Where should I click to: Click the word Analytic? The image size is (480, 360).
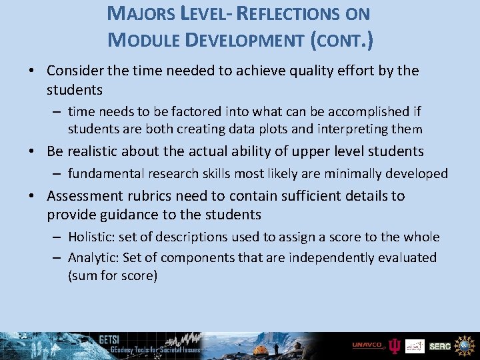[93, 257]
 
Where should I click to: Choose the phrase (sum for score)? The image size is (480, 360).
[113, 275]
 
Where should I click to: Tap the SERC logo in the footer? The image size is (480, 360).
[440, 346]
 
